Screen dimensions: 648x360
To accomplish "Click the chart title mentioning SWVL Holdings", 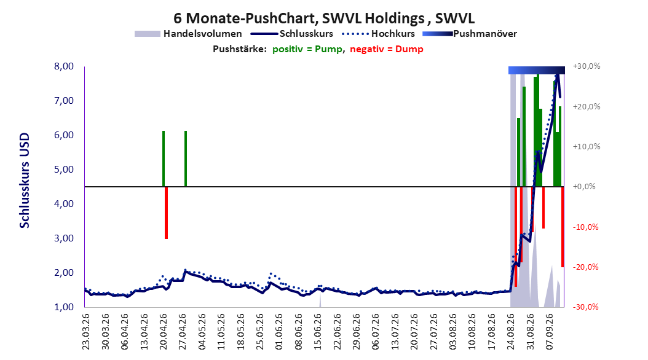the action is pos(324,18).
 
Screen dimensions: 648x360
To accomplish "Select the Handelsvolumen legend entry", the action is pos(189,34).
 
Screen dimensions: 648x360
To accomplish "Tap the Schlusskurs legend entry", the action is pos(292,34).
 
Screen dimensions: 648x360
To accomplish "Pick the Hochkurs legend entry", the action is pos(379,34).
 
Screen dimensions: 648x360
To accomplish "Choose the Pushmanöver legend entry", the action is pos(470,34).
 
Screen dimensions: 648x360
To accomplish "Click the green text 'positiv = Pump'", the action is pos(307,49).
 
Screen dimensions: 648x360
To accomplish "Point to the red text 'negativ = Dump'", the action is pos(387,49).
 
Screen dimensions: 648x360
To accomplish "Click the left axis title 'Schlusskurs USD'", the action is pos(25,181).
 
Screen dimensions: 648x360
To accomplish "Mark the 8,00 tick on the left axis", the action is pos(64,66).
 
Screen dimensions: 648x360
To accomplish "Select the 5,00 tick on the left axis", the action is pos(64,170).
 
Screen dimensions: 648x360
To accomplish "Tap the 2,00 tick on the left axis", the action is pos(64,273).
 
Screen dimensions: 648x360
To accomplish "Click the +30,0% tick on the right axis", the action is pos(587,66).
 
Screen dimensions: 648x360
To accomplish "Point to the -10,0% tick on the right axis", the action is pos(585,227).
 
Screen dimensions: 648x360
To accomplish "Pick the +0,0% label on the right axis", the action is pos(584,187).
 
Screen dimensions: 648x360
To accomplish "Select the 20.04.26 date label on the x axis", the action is pos(164,332).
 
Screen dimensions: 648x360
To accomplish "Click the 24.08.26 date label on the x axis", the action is pos(512,332).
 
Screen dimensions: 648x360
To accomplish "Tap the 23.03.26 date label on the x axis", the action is pos(86,332).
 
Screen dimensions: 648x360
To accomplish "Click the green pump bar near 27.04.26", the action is pos(186,158).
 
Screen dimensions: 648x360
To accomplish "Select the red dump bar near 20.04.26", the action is pos(166,213).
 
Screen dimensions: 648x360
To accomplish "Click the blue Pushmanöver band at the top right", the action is pos(537,70).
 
